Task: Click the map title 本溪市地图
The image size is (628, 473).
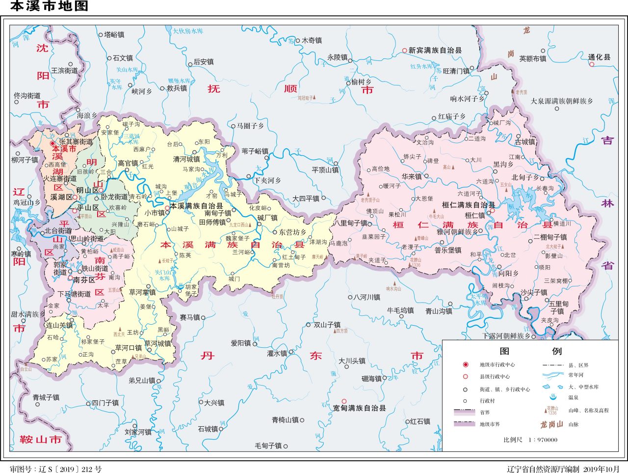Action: pos(49,6)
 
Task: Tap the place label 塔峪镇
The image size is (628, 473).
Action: pos(114,35)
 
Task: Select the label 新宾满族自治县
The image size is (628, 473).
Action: pos(435,50)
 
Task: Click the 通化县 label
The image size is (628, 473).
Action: pos(600,57)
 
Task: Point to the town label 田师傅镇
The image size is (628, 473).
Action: pos(212,222)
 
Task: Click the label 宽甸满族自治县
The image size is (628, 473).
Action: pos(359,408)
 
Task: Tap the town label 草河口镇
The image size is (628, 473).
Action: pos(128,348)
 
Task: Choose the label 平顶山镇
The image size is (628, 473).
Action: pos(325,170)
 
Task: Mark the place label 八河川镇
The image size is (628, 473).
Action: pos(367,297)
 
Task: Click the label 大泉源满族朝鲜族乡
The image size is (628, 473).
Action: pos(561,101)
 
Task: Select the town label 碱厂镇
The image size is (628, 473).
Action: pos(267,218)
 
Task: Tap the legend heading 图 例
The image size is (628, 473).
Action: pos(530,351)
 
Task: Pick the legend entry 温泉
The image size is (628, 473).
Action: pos(573,397)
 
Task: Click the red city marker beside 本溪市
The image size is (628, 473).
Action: pos(53,143)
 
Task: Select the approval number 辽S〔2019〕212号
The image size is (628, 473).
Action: pos(56,469)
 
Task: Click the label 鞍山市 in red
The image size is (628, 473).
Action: pos(41,439)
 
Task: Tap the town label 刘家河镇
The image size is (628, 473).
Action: pos(138,432)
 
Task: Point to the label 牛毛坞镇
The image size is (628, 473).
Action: pos(400,310)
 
